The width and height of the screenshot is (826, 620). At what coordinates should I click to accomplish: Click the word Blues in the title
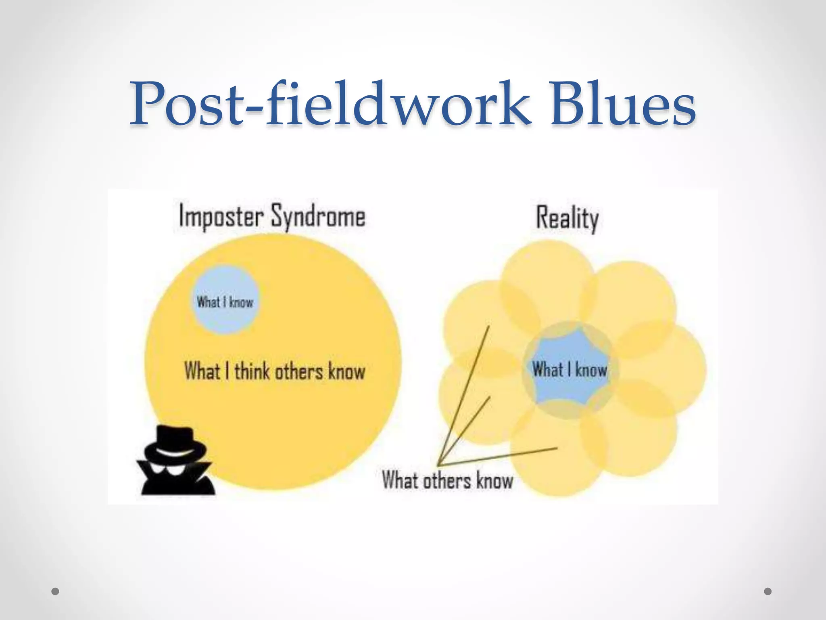tap(623, 104)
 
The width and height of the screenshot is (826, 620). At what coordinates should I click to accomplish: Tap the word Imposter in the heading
tap(221, 217)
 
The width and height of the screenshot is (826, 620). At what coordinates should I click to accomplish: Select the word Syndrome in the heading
tap(318, 217)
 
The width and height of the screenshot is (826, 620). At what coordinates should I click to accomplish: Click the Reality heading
tap(567, 218)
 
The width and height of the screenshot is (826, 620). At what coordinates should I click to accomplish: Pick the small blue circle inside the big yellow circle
tap(225, 300)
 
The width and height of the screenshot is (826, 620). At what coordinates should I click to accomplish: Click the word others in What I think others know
tap(299, 371)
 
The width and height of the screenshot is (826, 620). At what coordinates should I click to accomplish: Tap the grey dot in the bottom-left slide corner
tap(56, 591)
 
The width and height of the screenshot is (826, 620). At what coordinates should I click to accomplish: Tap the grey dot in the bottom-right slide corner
tap(768, 591)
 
